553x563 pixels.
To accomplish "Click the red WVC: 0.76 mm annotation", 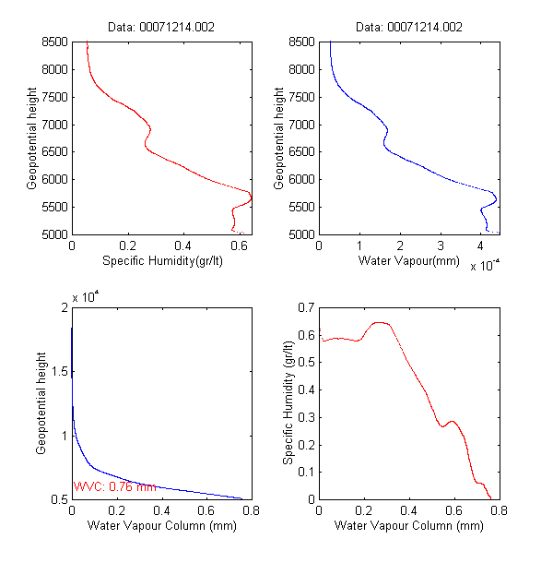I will pyautogui.click(x=115, y=486).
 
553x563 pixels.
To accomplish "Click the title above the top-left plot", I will pyautogui.click(x=162, y=28).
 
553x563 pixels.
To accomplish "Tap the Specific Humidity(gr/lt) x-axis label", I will pyautogui.click(x=162, y=262).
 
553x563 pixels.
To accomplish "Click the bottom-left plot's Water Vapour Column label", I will pyautogui.click(x=162, y=526).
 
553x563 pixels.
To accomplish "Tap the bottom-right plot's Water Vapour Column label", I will pyautogui.click(x=408, y=526).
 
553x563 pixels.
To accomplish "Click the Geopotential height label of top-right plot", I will pyautogui.click(x=278, y=138).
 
